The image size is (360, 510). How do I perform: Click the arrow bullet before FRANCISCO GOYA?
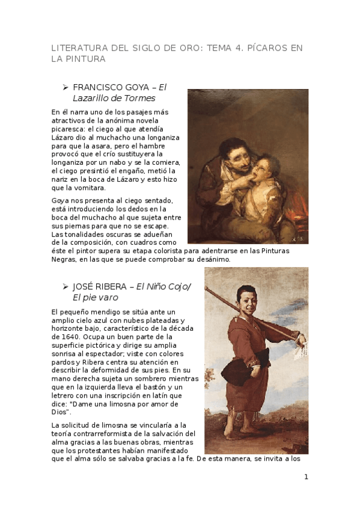point(66,87)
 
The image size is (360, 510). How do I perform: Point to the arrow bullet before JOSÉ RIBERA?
point(66,286)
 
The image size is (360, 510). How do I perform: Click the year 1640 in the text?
point(63,337)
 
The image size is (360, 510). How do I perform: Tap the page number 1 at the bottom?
point(306,477)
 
